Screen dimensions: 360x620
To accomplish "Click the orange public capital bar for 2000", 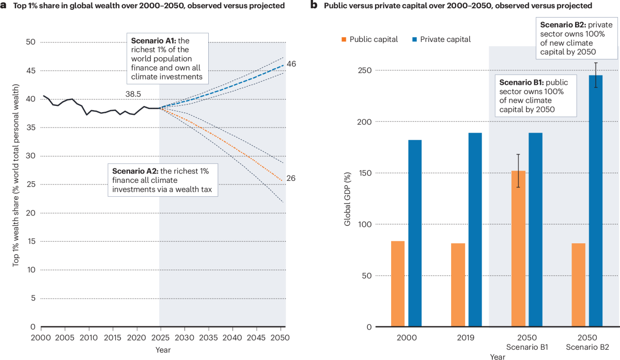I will [398, 284].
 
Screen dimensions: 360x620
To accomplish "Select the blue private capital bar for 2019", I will [475, 230].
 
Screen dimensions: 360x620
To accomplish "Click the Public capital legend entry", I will [369, 40].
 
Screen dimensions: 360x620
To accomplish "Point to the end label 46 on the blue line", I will [292, 64].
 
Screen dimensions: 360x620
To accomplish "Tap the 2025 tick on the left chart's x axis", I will [160, 337].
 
